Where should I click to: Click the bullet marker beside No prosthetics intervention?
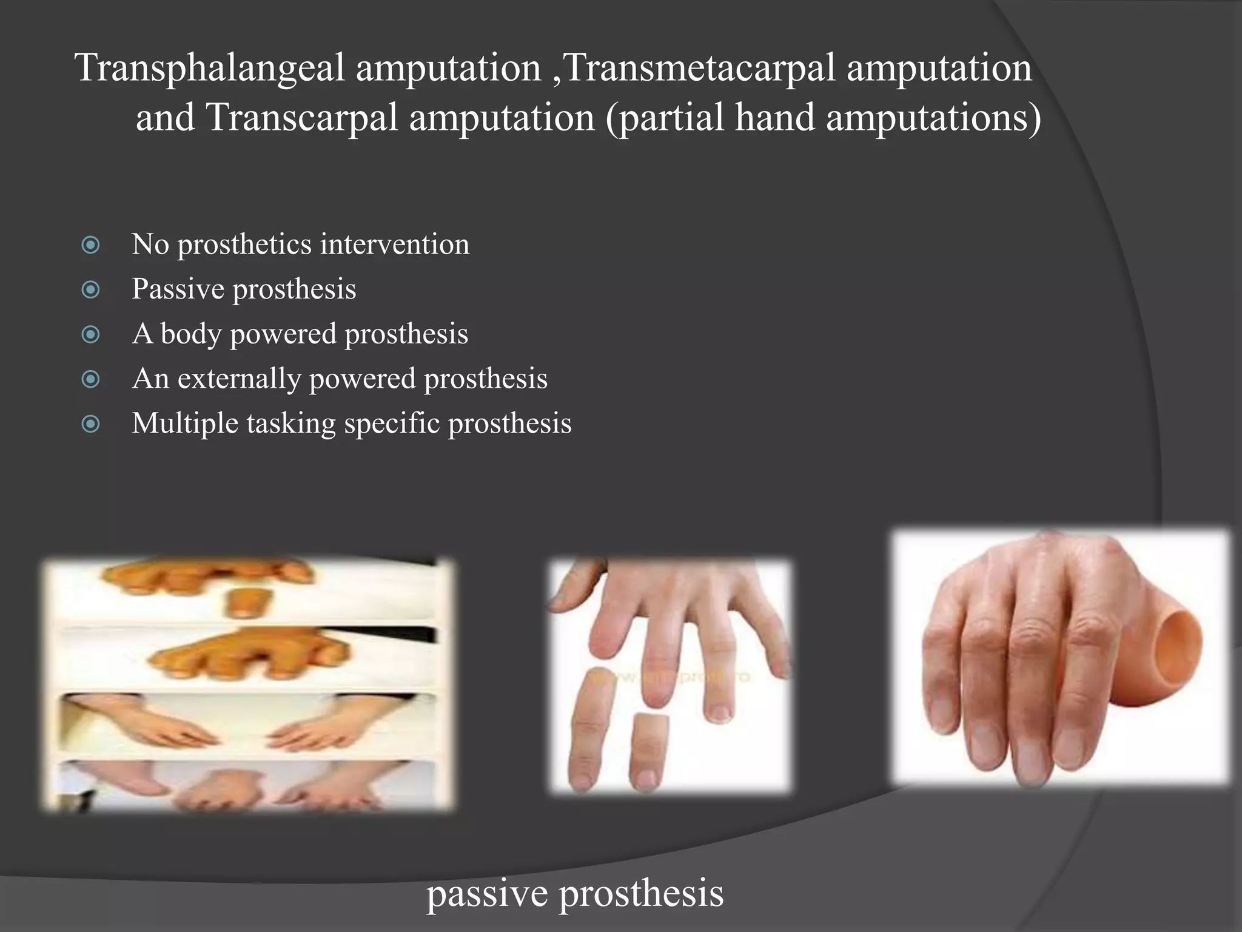90,245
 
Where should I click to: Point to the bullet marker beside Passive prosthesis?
90,289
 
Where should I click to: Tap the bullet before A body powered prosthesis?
90,334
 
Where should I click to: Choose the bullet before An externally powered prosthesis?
90,379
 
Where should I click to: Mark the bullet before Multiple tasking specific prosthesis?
90,424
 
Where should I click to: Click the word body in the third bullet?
190,334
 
